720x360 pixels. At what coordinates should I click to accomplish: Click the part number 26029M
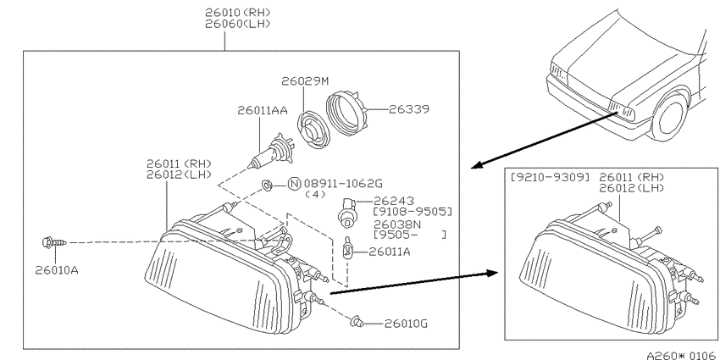[305, 81]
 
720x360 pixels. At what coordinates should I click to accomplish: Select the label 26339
[409, 109]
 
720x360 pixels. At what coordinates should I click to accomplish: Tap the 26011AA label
[263, 111]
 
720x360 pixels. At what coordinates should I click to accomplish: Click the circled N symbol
[294, 184]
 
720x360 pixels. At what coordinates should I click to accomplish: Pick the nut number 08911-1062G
[342, 184]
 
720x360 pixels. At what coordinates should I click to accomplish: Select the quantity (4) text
[315, 194]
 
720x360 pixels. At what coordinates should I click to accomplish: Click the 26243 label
[394, 201]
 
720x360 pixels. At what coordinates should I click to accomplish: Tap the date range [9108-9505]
[413, 212]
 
